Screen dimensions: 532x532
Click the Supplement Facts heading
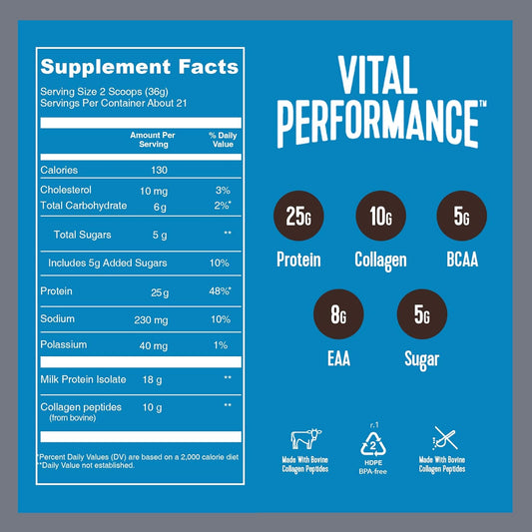coord(139,68)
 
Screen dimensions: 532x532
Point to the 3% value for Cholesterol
coord(222,189)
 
